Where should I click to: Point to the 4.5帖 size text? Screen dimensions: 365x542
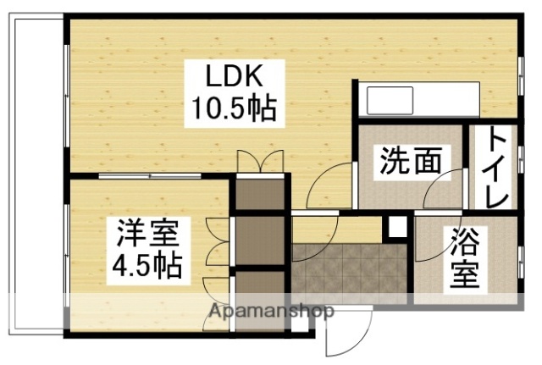tap(148, 266)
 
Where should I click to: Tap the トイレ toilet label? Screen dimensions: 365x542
tap(497, 167)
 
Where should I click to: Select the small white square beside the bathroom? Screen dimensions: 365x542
tap(396, 228)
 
